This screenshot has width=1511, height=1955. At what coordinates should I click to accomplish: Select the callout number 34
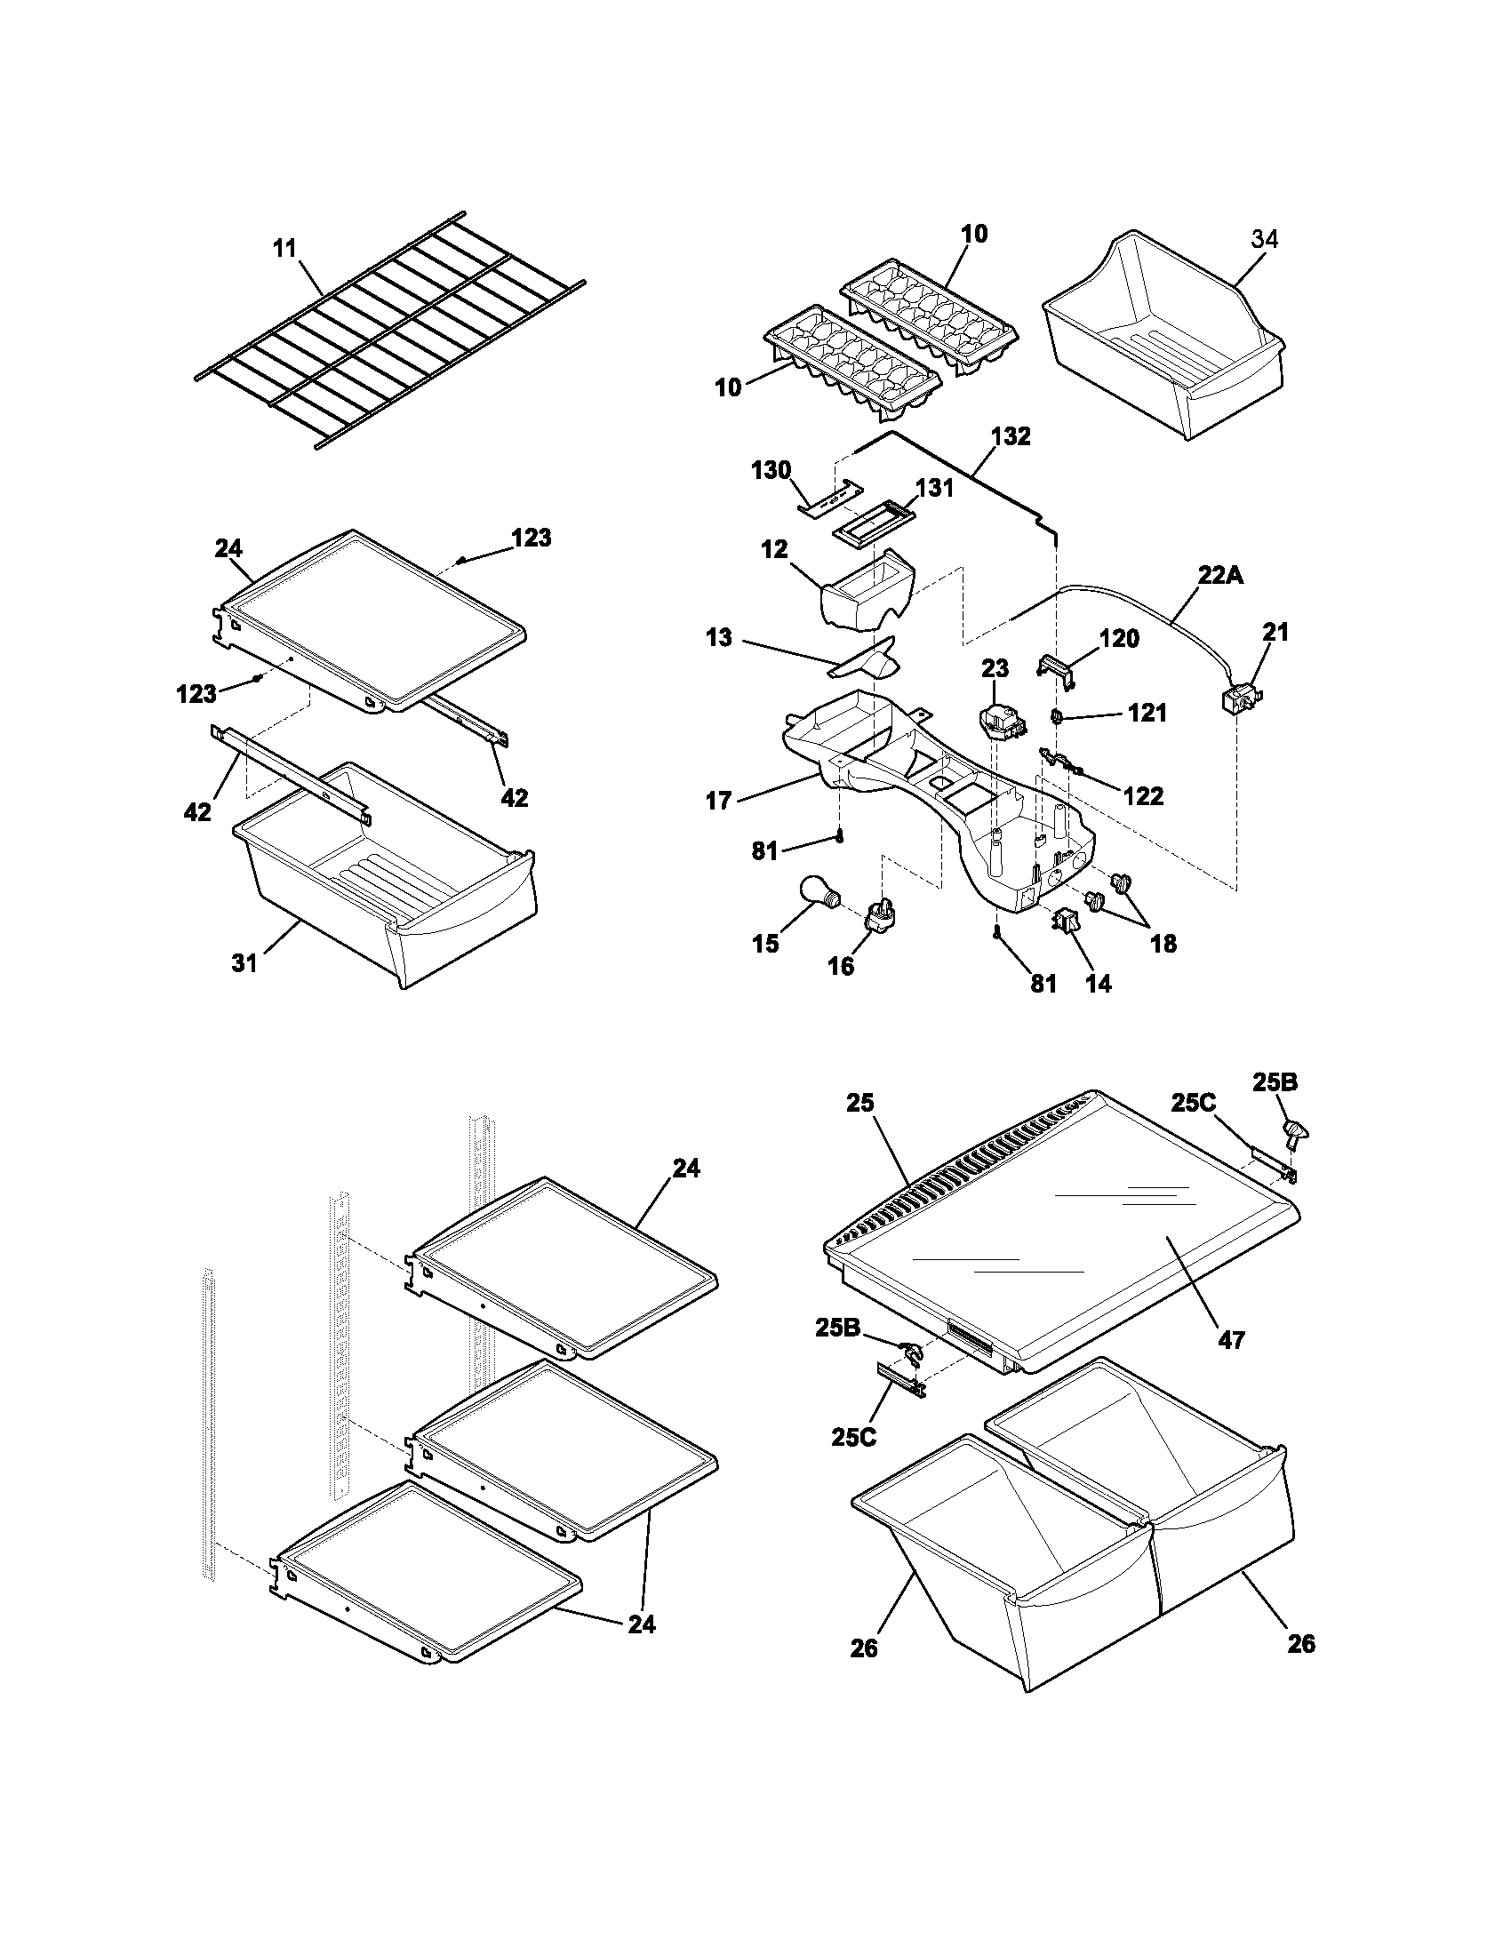point(1264,239)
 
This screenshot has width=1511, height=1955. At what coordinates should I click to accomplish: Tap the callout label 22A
point(1220,577)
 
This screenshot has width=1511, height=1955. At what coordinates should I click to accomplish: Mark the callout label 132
point(1011,436)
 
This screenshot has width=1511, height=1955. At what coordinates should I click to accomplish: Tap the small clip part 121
point(1056,716)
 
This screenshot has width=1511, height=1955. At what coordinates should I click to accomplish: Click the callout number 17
point(719,801)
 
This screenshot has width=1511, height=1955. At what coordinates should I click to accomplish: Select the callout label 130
point(771,470)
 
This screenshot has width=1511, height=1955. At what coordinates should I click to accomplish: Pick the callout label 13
point(719,637)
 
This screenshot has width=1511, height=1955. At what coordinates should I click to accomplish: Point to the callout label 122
point(1143,795)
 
